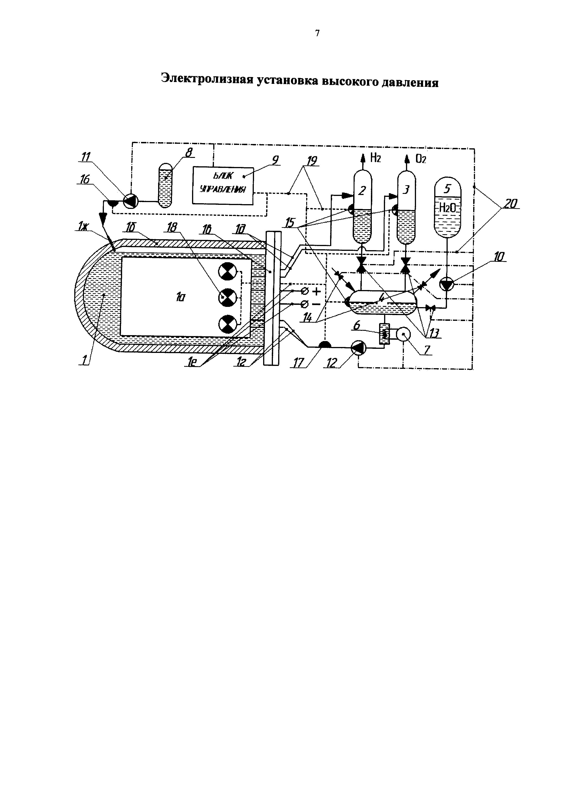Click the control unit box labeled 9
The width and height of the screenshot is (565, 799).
click(x=223, y=185)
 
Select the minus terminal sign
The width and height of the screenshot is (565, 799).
click(x=316, y=304)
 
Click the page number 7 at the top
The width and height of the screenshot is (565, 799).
click(x=317, y=33)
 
